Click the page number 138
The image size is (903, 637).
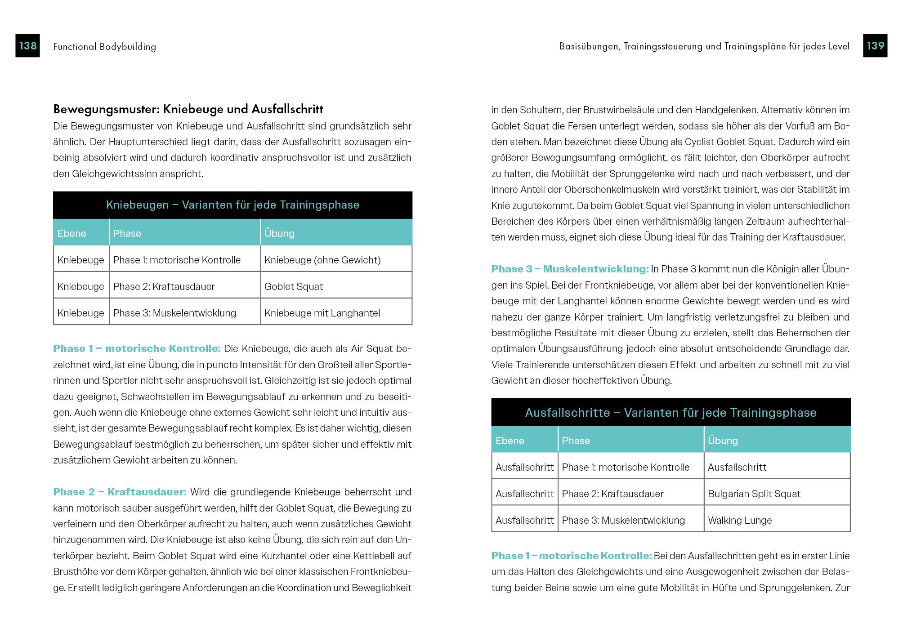27,45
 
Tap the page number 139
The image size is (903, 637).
875,45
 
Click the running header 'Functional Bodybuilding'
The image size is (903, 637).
104,46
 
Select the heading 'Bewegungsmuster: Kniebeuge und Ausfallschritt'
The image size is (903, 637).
188,109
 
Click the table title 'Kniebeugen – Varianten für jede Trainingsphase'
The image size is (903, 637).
232,205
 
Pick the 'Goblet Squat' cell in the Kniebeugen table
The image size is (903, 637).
294,286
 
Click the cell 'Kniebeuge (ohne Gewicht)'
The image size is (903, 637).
322,260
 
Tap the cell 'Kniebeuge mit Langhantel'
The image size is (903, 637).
322,313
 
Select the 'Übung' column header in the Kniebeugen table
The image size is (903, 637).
279,233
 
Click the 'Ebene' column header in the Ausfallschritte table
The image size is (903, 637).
510,441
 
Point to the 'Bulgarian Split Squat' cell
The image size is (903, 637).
754,494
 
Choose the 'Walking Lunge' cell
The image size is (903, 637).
740,520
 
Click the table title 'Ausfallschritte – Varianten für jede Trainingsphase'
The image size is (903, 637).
671,413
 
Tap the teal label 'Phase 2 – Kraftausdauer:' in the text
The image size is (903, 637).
120,492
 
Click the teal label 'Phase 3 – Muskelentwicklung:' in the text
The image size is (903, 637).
570,269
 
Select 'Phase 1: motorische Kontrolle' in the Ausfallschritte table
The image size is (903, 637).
626,467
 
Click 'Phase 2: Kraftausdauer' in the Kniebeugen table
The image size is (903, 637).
164,286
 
